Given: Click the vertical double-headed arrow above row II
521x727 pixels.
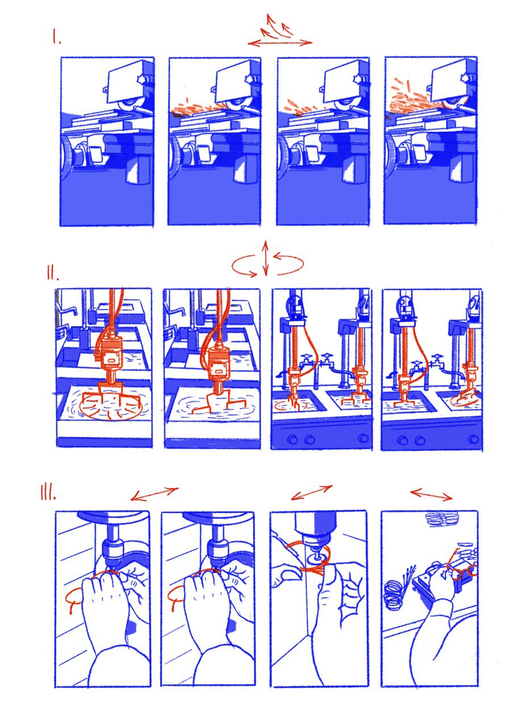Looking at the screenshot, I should coord(265,258).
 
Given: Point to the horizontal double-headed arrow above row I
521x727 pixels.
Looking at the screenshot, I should coord(281,43).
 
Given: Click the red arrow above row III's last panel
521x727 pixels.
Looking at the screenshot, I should coord(431,495).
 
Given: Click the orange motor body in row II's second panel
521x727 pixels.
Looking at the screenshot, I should coord(218,361).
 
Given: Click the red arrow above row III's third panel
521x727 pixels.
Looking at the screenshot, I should coord(312,492).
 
